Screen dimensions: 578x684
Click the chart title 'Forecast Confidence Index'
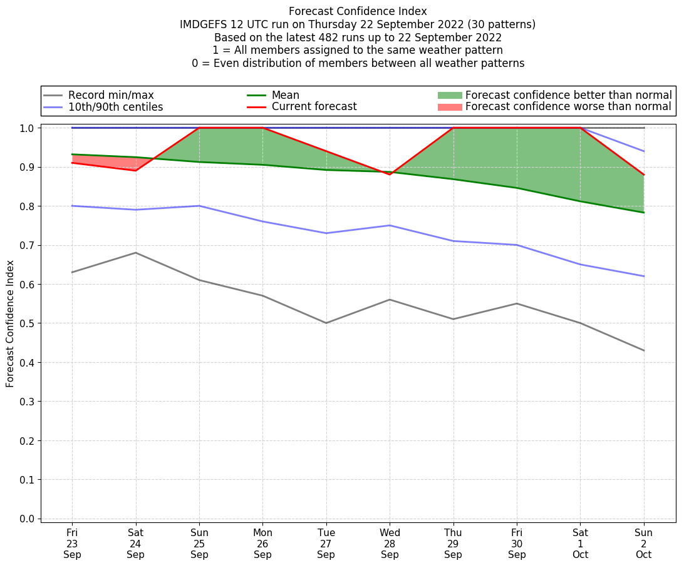point(358,11)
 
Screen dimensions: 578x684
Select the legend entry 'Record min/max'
point(111,95)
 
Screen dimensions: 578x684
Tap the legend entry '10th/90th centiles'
point(115,107)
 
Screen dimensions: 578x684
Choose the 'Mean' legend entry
point(285,95)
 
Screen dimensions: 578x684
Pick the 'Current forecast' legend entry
point(314,107)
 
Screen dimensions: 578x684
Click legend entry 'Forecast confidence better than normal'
point(568,95)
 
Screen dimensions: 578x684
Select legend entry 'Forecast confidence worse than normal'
point(568,107)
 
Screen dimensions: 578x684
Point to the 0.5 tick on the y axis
point(28,323)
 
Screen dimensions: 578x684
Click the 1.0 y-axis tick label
point(28,128)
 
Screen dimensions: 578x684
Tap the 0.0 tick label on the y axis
point(28,519)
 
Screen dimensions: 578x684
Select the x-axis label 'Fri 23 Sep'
point(72,544)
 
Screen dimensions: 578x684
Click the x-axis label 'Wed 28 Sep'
point(390,544)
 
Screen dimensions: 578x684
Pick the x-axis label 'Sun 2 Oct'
point(644,544)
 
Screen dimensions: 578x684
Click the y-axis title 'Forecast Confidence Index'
point(10,323)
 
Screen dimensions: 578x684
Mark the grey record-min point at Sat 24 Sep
point(136,253)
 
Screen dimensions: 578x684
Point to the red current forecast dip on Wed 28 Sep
point(390,175)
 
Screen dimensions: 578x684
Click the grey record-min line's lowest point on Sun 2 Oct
point(644,350)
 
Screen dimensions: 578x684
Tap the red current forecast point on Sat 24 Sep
point(136,170)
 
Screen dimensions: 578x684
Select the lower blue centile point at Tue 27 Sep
point(326,233)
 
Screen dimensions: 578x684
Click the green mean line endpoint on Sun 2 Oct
point(644,213)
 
